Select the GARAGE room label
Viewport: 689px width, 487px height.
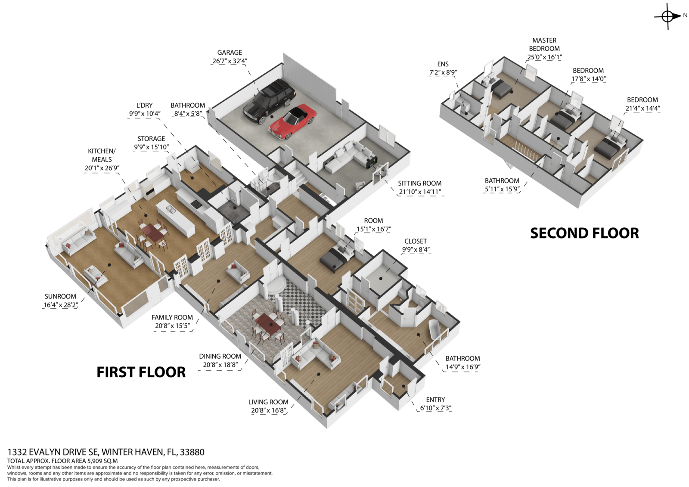(x=230, y=53)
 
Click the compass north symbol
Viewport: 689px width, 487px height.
(x=667, y=16)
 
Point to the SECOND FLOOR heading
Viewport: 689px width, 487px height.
(x=584, y=233)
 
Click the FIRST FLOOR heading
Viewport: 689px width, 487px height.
(x=141, y=372)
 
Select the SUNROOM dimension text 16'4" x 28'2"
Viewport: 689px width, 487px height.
(x=60, y=305)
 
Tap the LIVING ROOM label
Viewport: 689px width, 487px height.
(x=268, y=402)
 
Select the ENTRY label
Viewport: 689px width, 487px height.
(x=435, y=400)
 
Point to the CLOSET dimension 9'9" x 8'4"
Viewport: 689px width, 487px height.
(x=416, y=249)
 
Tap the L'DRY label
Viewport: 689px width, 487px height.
(x=144, y=105)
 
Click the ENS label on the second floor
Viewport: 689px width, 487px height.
(x=443, y=64)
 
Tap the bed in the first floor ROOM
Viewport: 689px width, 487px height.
(x=334, y=260)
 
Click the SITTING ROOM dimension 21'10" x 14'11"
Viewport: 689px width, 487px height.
(x=420, y=192)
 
